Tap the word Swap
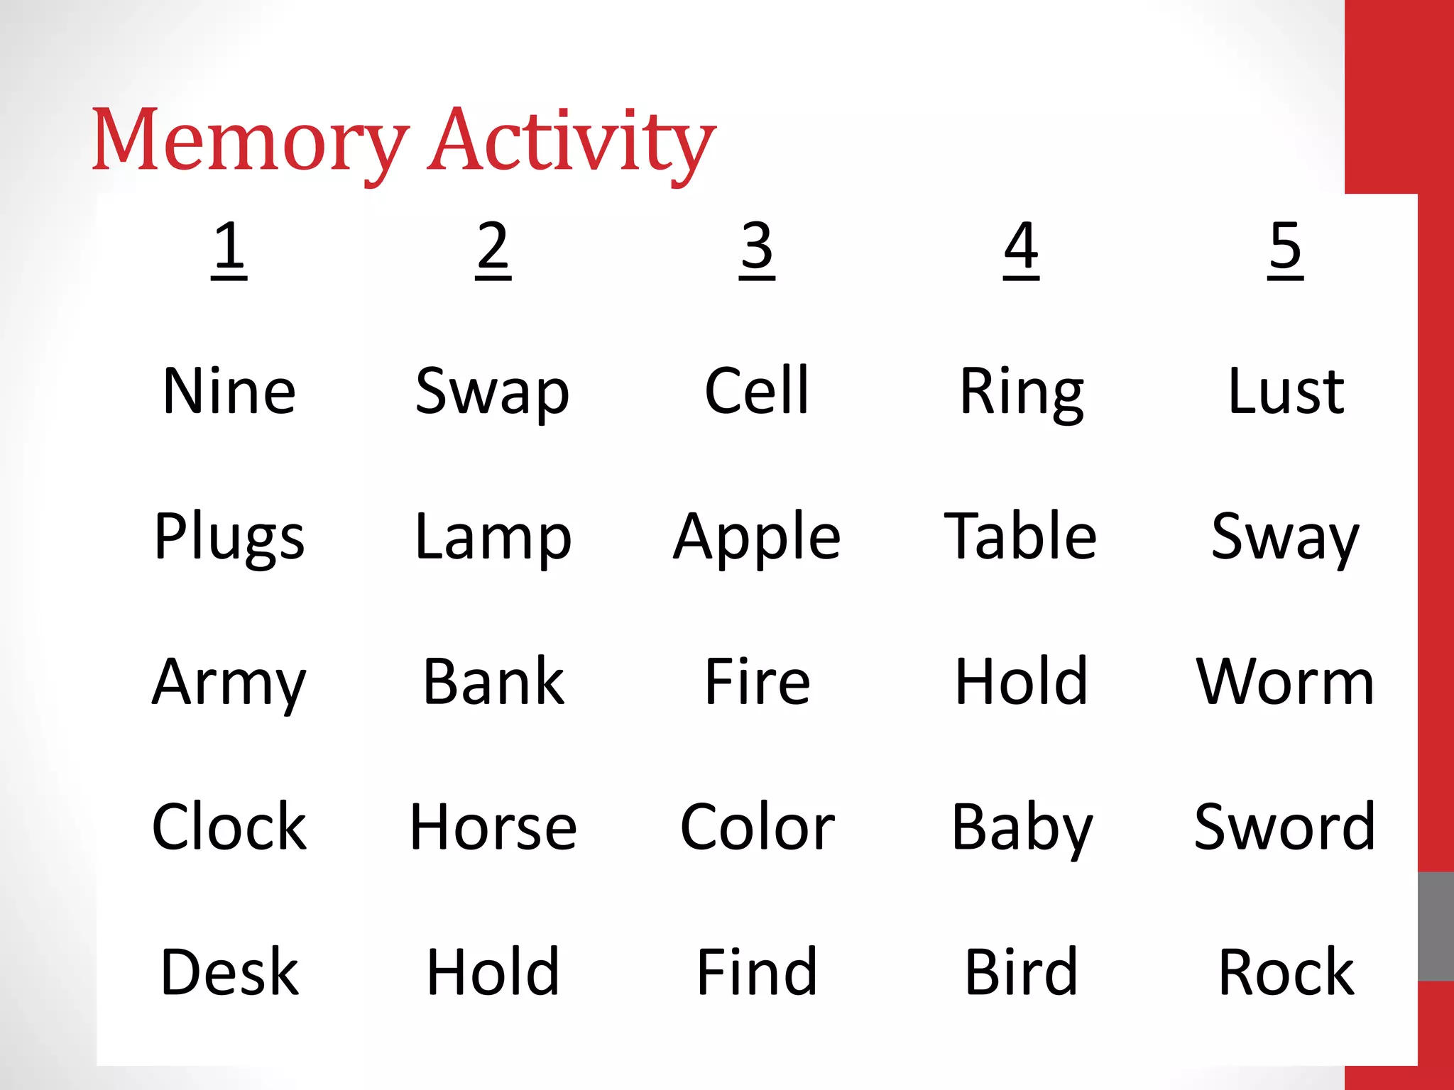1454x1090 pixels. coord(493,392)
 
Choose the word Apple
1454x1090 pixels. coord(757,537)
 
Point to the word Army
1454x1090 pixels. coord(229,683)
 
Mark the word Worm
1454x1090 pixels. coord(1286,682)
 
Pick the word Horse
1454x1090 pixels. coord(493,827)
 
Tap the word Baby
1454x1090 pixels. coord(1022,828)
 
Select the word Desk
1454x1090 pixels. coord(229,972)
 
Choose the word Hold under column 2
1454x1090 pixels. coord(493,972)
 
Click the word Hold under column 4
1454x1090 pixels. coord(1021,682)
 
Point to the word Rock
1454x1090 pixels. coord(1286,972)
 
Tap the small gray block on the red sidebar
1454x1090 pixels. coord(1436,926)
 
